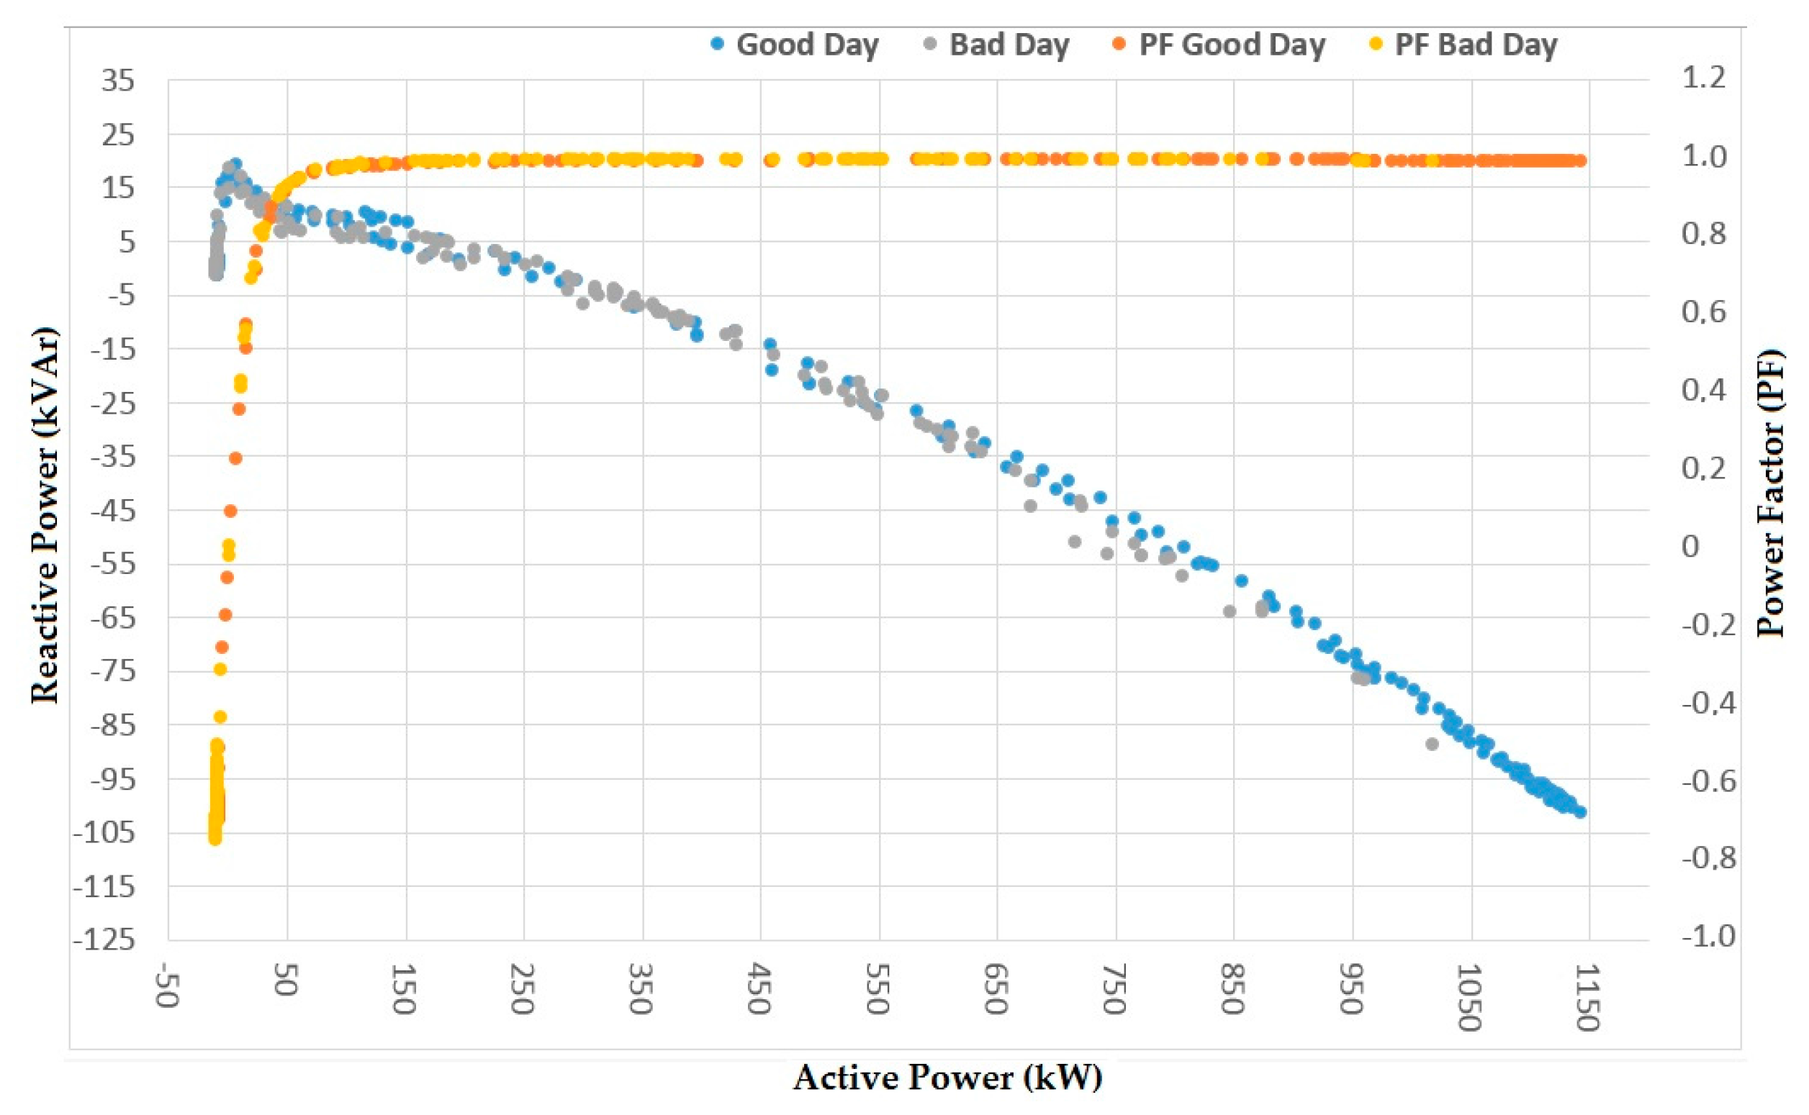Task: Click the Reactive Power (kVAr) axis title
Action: click(44, 514)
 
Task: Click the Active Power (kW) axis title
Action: click(947, 1078)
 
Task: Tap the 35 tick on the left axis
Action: click(118, 81)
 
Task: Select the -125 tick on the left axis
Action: click(104, 940)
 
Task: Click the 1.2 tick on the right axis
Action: click(1704, 77)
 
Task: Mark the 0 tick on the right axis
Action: click(1690, 547)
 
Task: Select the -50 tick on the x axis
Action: click(166, 985)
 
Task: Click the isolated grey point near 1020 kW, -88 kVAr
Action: click(1432, 744)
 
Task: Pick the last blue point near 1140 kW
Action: click(1580, 812)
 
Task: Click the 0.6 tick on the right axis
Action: click(1704, 311)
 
